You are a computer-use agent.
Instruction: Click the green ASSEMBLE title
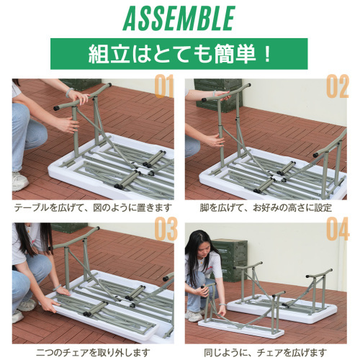pyautogui.click(x=179, y=18)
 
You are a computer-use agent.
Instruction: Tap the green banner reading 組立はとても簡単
pyautogui.click(x=179, y=54)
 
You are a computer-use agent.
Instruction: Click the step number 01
pyautogui.click(x=164, y=86)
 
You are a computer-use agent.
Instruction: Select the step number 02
pyautogui.click(x=338, y=86)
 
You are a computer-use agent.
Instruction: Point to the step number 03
pyautogui.click(x=166, y=228)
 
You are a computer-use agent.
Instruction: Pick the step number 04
pyautogui.click(x=338, y=228)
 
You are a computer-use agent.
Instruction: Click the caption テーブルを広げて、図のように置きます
pyautogui.click(x=94, y=207)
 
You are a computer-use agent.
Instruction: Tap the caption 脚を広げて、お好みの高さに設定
pyautogui.click(x=266, y=207)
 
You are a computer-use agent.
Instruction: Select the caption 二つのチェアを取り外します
pyautogui.click(x=93, y=353)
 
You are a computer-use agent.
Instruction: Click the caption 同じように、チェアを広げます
pyautogui.click(x=266, y=353)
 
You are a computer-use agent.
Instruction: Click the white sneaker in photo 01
pyautogui.click(x=19, y=181)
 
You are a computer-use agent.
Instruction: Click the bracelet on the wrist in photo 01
pyautogui.click(x=69, y=92)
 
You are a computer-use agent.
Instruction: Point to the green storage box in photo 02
pyautogui.click(x=218, y=96)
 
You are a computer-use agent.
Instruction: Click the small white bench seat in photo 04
pyautogui.click(x=241, y=328)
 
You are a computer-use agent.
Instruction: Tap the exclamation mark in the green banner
pyautogui.click(x=267, y=54)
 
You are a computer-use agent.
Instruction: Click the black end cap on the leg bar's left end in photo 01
pyautogui.click(x=57, y=108)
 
